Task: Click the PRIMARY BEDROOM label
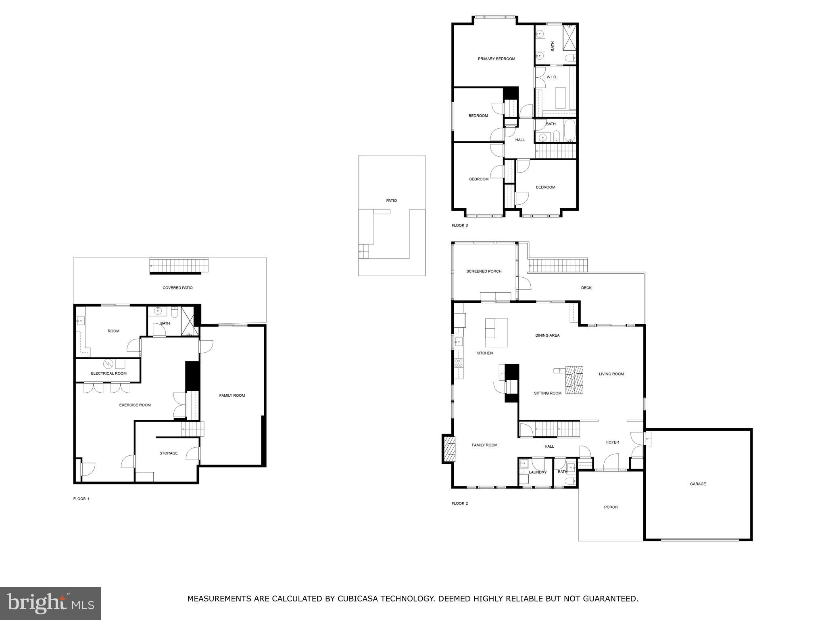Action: point(496,59)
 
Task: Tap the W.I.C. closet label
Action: point(551,77)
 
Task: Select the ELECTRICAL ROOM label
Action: point(108,373)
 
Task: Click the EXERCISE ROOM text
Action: point(135,405)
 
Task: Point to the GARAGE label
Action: point(698,484)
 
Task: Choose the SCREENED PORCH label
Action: point(484,271)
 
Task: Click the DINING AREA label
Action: point(547,335)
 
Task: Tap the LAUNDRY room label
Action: point(538,472)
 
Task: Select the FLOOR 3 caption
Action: point(459,226)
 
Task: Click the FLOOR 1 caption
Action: point(81,499)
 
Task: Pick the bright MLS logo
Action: point(50,603)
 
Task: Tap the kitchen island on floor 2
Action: point(496,333)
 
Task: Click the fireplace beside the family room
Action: point(449,449)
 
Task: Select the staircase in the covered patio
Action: point(179,266)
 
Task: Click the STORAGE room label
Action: point(168,453)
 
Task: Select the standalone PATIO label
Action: point(391,201)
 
